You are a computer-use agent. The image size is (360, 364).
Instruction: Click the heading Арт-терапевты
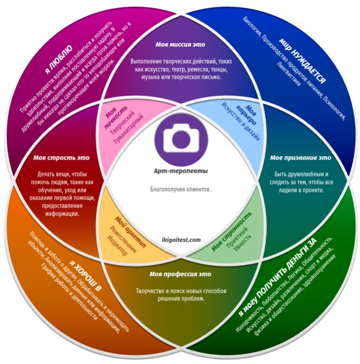point(181,171)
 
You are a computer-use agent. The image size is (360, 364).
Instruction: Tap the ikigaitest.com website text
point(181,240)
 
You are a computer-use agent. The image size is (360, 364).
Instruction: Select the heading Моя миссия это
point(180,44)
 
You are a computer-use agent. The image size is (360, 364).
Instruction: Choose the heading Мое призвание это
point(300,158)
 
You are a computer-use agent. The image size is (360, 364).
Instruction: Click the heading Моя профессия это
point(180,274)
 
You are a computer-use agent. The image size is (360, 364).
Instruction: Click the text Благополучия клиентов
point(181,190)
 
